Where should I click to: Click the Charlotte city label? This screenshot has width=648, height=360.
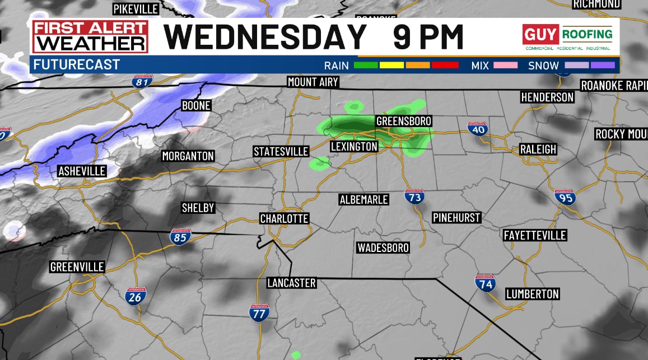click(284, 218)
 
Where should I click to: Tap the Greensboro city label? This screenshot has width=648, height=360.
click(403, 121)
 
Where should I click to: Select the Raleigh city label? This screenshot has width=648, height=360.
click(538, 149)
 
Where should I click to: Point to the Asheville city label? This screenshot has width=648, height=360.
click(82, 171)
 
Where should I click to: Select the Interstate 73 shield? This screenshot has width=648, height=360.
click(414, 196)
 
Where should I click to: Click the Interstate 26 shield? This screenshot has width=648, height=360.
click(135, 296)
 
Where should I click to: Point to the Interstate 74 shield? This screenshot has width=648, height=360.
click(485, 283)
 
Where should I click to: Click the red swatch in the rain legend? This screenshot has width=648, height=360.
click(445, 66)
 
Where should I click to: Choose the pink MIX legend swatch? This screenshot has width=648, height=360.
click(505, 66)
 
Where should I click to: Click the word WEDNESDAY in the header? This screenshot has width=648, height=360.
click(265, 37)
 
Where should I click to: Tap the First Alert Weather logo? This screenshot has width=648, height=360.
click(90, 37)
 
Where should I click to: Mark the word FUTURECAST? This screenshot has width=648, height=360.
click(77, 64)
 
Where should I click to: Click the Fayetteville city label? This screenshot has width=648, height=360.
click(534, 235)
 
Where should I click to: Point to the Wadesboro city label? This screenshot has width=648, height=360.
click(383, 247)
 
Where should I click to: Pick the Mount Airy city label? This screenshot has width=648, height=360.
click(313, 82)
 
